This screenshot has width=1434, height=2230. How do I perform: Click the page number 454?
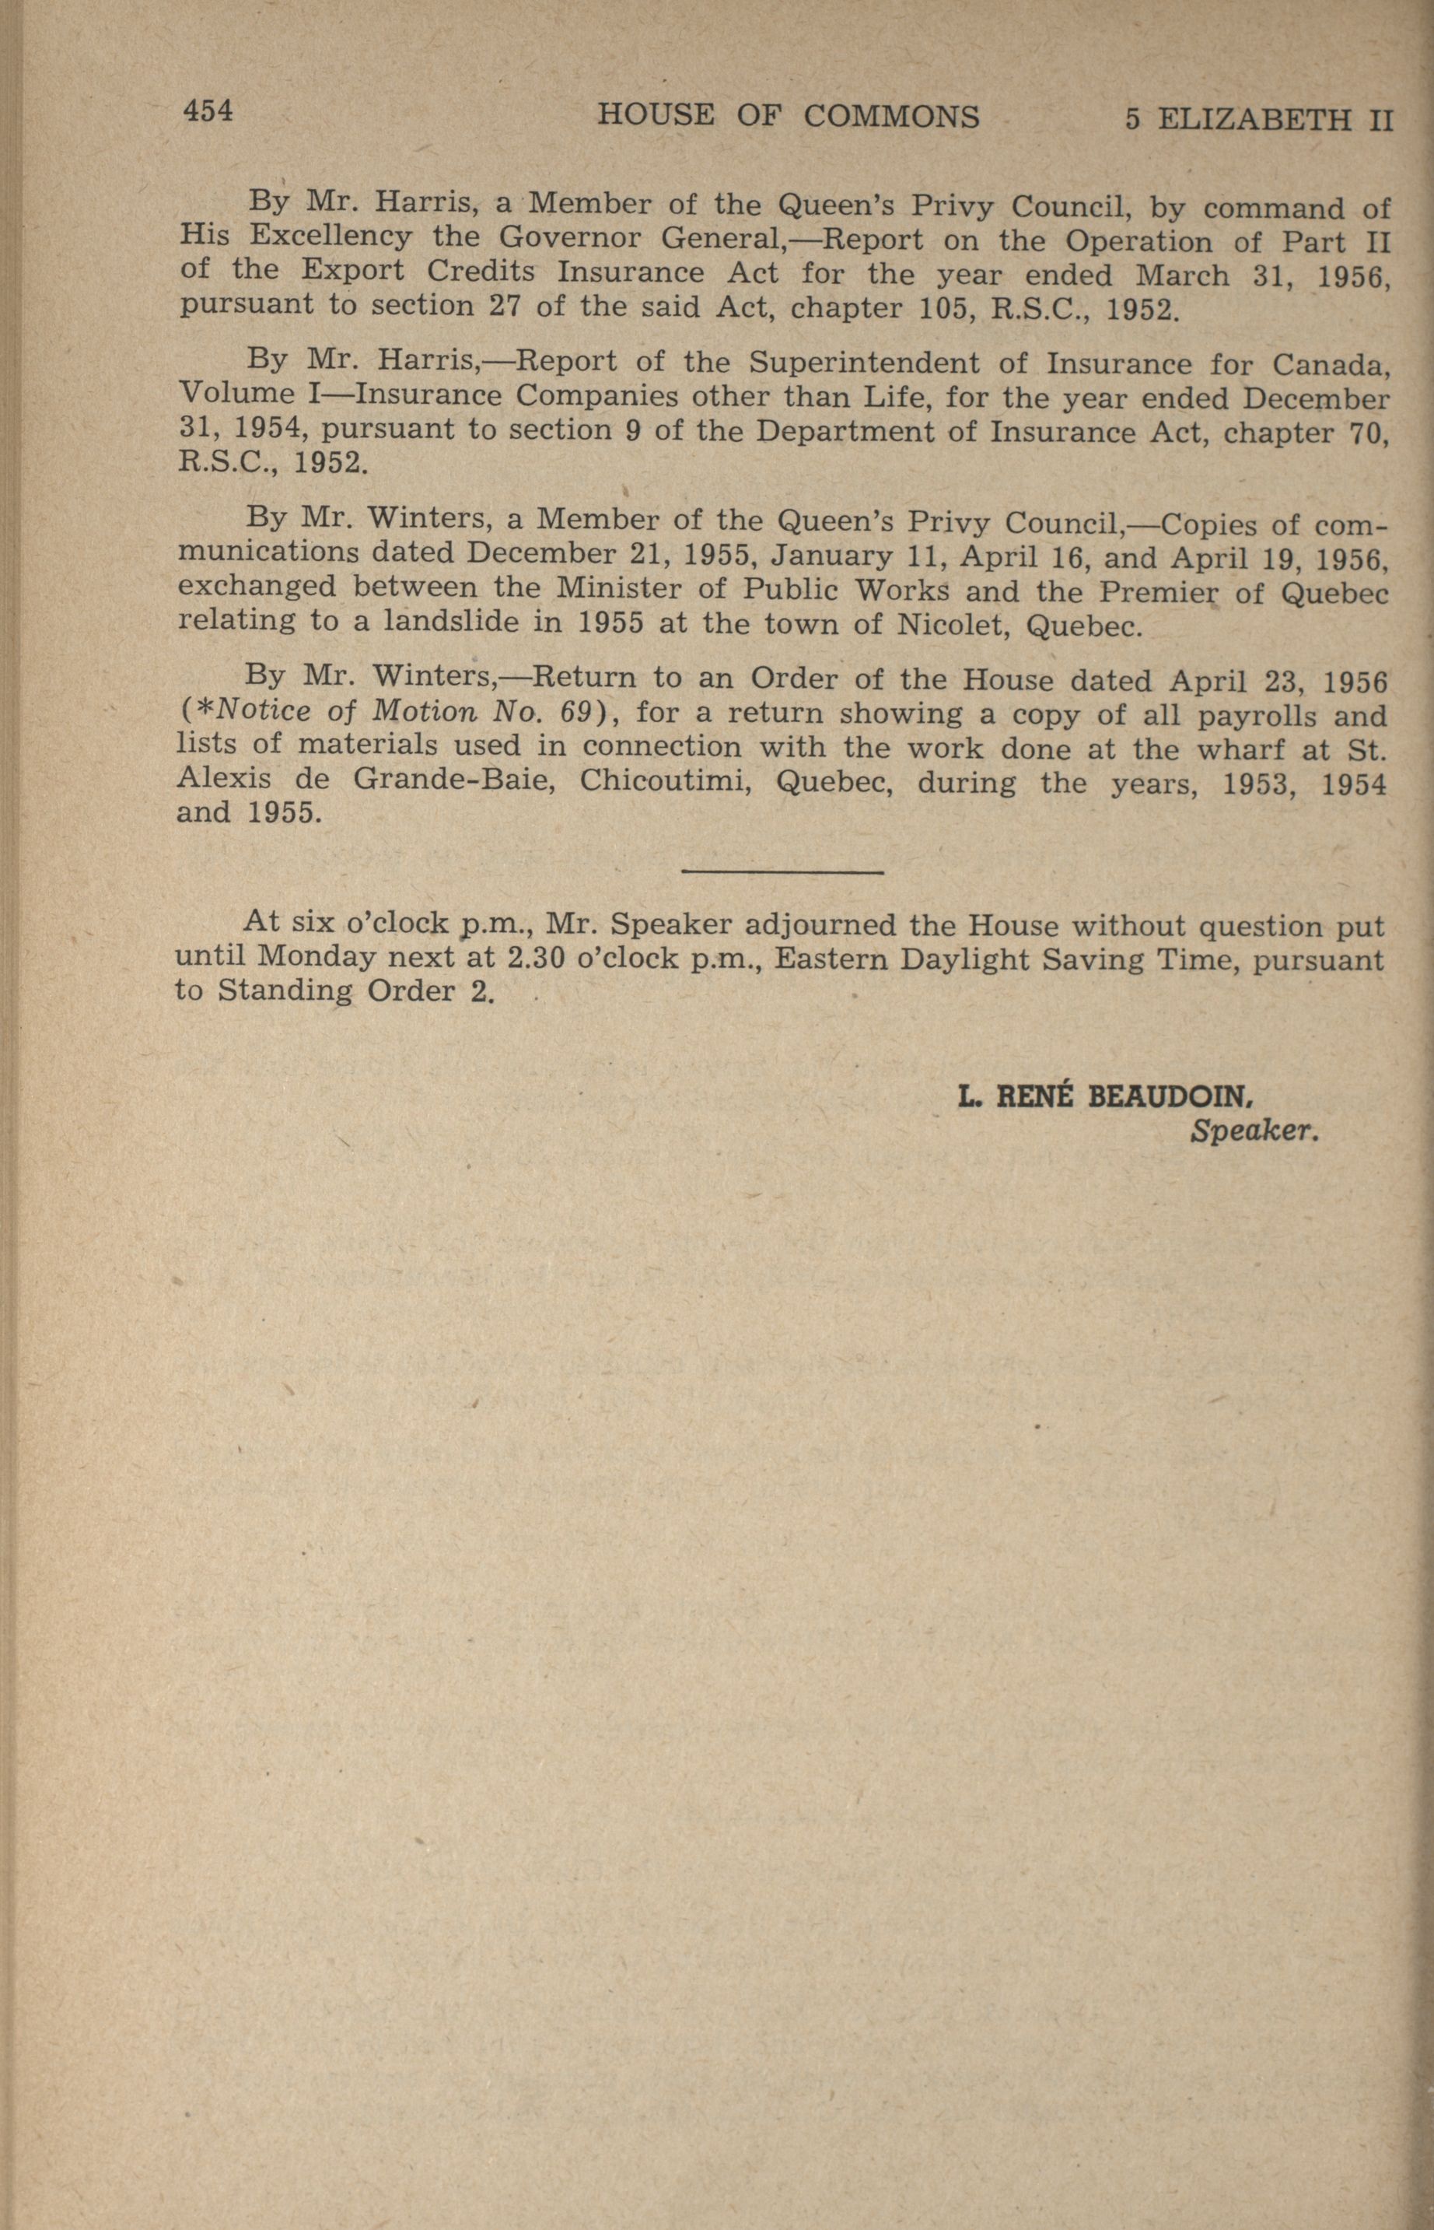[x=208, y=112]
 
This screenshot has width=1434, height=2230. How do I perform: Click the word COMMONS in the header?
[x=890, y=117]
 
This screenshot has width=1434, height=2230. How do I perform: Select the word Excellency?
[x=331, y=236]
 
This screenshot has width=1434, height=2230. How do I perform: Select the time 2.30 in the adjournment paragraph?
[x=525, y=958]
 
